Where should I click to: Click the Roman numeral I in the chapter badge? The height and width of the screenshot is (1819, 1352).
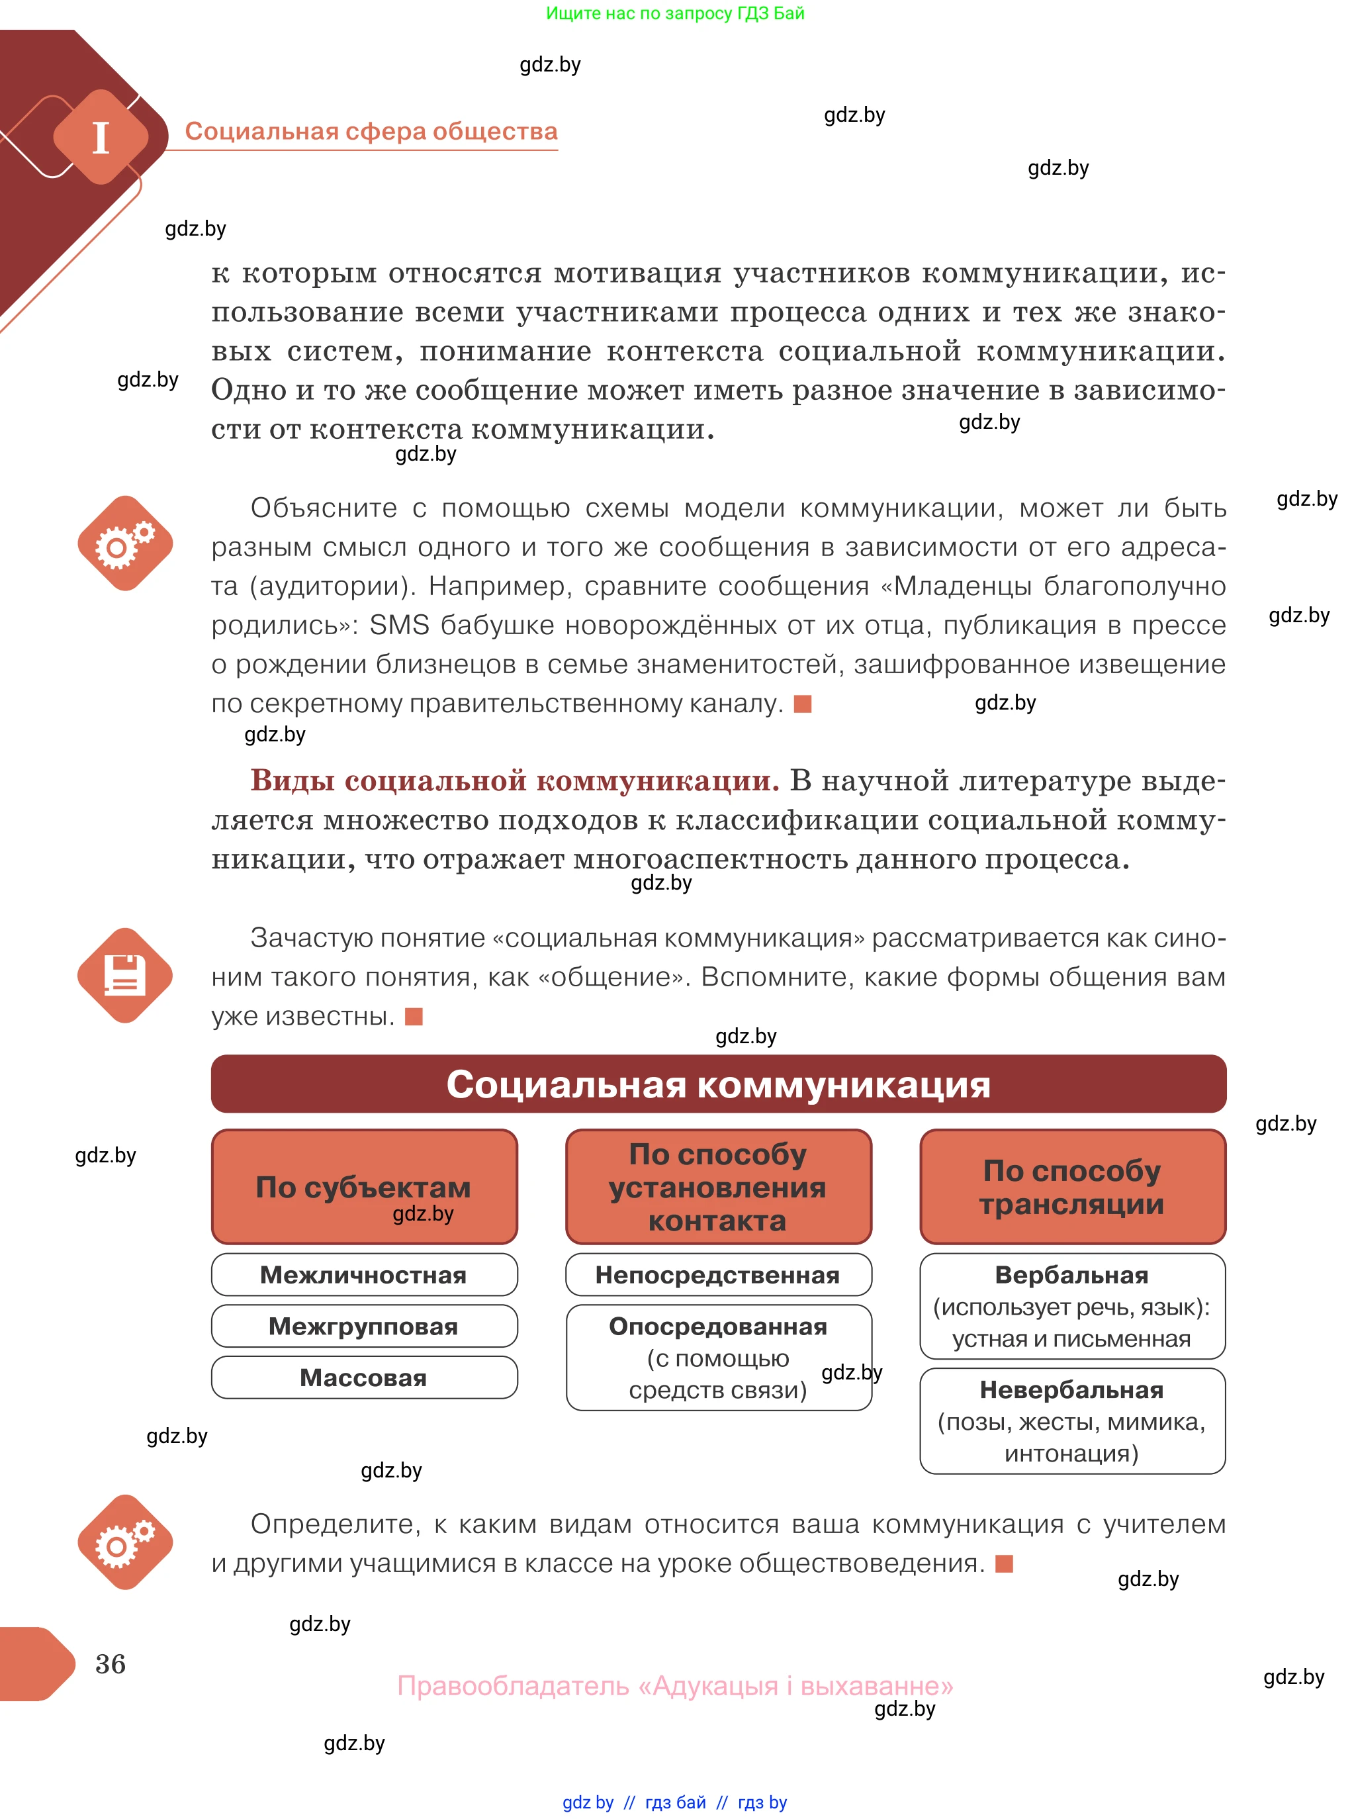point(101,138)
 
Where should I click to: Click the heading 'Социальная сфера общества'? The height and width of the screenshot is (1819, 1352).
point(371,131)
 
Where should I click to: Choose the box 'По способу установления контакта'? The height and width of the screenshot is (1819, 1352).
point(718,1186)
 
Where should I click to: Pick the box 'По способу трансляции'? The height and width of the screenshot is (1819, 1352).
point(1071,1186)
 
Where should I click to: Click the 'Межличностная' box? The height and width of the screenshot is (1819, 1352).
point(363,1275)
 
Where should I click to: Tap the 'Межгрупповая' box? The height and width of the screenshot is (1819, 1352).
point(363,1326)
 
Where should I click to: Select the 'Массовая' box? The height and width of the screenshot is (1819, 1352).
point(363,1377)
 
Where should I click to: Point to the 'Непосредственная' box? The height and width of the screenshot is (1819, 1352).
point(718,1275)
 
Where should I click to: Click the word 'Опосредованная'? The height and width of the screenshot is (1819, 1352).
point(718,1326)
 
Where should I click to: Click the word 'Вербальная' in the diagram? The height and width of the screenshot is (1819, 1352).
point(1071,1275)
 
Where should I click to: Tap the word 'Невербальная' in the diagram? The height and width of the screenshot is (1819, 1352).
point(1071,1390)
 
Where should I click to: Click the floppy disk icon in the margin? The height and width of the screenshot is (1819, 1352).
point(125,975)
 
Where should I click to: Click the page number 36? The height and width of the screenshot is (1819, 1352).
point(111,1663)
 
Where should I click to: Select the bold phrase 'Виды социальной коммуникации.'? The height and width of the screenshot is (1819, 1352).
point(515,780)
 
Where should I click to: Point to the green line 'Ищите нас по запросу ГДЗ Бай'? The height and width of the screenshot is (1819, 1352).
point(675,13)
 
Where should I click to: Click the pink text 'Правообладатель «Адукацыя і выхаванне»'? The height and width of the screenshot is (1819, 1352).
point(675,1685)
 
